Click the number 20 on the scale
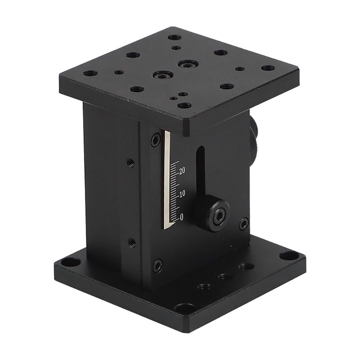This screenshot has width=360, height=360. click(182, 171)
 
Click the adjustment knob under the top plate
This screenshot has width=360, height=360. click(253, 137)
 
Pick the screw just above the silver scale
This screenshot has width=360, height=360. click(156, 140)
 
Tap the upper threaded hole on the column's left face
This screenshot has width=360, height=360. click(131, 163)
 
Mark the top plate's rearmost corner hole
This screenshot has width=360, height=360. click(175, 37)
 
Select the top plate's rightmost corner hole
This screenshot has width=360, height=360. click(267, 68)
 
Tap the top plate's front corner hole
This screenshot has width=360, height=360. click(184, 105)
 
